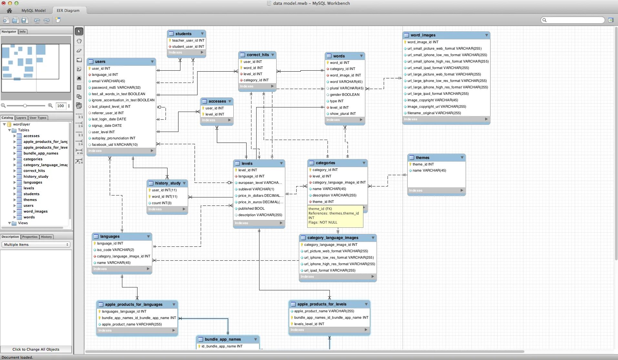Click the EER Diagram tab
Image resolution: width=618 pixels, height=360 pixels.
pos(68,11)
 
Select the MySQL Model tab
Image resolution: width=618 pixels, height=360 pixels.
pos(34,11)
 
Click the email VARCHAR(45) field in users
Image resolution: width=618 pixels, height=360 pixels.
pos(108,81)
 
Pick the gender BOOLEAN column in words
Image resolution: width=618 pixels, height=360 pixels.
pos(344,95)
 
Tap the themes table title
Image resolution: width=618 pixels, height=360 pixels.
pos(422,158)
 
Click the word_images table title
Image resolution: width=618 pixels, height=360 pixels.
pos(423,35)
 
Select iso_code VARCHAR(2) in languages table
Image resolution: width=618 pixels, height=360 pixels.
pos(115,250)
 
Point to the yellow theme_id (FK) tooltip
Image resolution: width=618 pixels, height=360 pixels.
pos(335,216)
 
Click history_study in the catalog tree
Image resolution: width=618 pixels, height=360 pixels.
pos(36,176)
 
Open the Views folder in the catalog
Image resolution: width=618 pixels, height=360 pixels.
pos(23,223)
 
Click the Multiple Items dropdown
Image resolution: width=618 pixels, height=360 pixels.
pos(36,245)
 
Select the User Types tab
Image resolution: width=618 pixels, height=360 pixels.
pos(38,118)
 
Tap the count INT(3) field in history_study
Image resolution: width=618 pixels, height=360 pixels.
pos(161,203)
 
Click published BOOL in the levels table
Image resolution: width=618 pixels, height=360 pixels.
pos(251,208)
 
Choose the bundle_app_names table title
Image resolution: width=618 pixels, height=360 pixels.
pos(223,339)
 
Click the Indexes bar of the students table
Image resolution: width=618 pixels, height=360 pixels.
pos(186,53)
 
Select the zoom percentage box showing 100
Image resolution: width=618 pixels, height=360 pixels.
pos(61,106)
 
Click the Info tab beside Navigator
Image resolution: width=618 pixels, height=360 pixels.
pos(23,32)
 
